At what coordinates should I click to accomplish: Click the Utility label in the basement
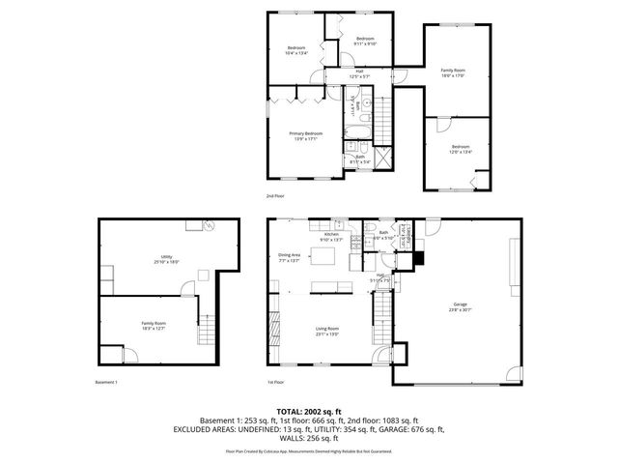[166, 259]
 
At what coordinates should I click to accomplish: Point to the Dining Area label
[290, 257]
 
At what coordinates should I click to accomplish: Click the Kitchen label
[331, 236]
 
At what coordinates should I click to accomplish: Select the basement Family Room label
[154, 325]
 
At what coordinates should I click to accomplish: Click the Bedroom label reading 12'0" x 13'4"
[459, 149]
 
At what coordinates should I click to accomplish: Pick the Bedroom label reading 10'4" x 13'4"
[295, 50]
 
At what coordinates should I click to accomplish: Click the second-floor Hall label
[359, 72]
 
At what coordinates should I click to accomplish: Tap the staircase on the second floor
[383, 122]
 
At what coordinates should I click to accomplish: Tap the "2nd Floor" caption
[275, 196]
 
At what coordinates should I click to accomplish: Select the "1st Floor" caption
[274, 382]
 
